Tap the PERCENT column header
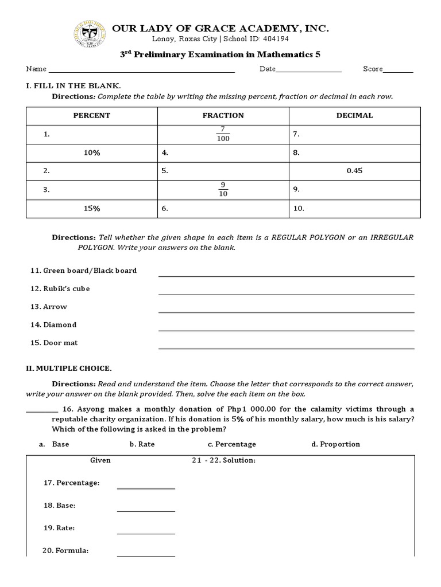pyautogui.click(x=91, y=115)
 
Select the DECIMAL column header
pyautogui.click(x=354, y=115)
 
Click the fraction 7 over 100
pyautogui.click(x=223, y=134)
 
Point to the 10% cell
pyautogui.click(x=91, y=153)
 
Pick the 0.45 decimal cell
pyautogui.click(x=354, y=171)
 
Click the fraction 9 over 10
pyautogui.click(x=223, y=189)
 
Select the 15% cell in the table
pyautogui.click(x=91, y=209)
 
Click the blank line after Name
pyautogui.click(x=141, y=71)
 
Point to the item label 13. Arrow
pyautogui.click(x=49, y=307)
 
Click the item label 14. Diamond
pyautogui.click(x=53, y=325)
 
